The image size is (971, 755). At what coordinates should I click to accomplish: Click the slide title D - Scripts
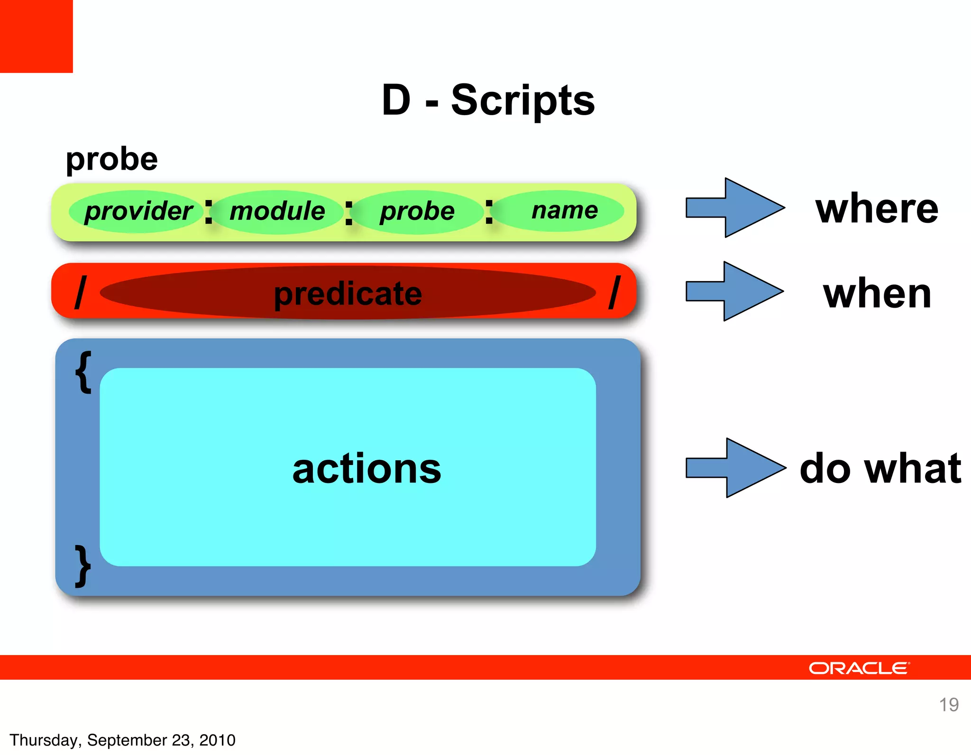488,100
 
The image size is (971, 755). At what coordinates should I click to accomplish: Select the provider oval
137,211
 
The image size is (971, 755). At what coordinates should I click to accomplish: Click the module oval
277,211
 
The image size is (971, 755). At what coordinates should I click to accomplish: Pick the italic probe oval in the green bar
417,211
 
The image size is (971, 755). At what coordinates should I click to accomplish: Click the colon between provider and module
208,212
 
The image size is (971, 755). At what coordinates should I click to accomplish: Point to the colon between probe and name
489,212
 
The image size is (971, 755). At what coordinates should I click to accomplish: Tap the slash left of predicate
81,292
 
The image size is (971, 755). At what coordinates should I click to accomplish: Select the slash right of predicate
614,292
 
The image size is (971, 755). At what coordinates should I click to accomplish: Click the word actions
366,469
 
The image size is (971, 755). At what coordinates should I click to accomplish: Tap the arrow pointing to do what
734,468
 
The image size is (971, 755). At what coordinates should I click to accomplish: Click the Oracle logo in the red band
859,668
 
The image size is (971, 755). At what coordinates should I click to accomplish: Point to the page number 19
949,705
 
